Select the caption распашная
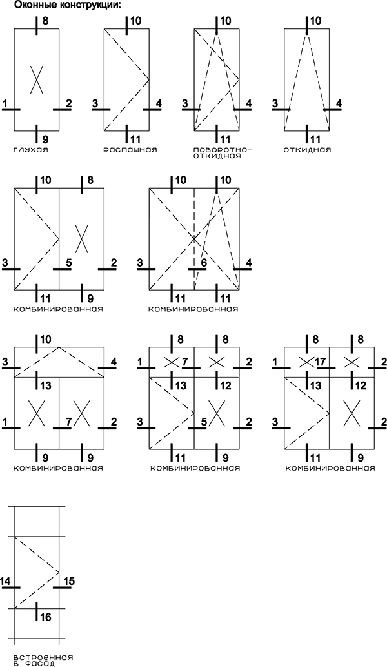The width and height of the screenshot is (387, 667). pyautogui.click(x=130, y=150)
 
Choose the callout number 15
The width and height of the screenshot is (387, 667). pyautogui.click(x=68, y=580)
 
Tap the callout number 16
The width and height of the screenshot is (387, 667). pyautogui.click(x=46, y=617)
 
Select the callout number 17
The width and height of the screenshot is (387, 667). pyautogui.click(x=321, y=362)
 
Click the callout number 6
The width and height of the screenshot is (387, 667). pyautogui.click(x=203, y=262)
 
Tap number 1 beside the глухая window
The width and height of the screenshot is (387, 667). pyautogui.click(x=5, y=103)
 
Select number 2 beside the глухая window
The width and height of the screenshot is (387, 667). pyautogui.click(x=68, y=103)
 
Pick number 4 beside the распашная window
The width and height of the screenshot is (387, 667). pyautogui.click(x=159, y=103)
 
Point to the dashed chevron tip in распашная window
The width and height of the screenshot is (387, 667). pyautogui.click(x=149, y=79)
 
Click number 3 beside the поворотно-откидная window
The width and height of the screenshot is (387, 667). pyautogui.click(x=184, y=103)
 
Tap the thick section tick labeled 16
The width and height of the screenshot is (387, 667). pyautogui.click(x=37, y=611)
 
